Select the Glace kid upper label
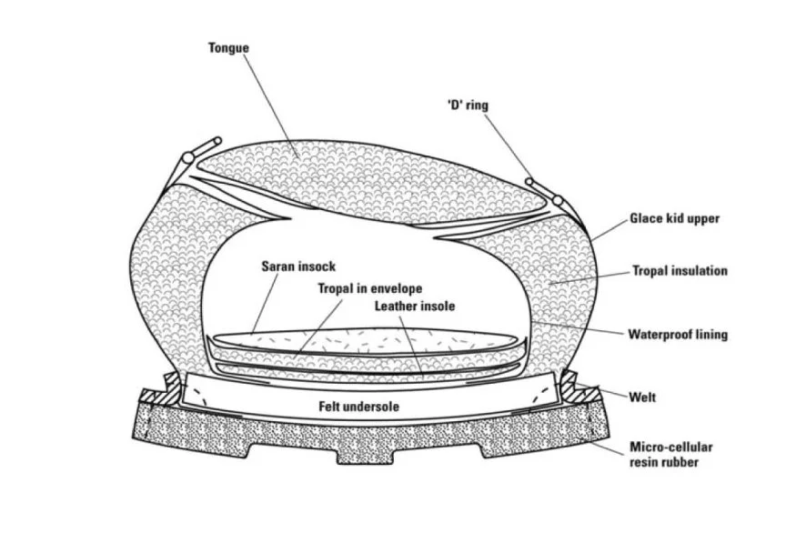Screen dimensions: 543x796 pos(674,219)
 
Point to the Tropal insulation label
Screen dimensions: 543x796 pos(680,271)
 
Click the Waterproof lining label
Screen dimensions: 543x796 pos(678,335)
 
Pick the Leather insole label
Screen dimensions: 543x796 pos(415,307)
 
